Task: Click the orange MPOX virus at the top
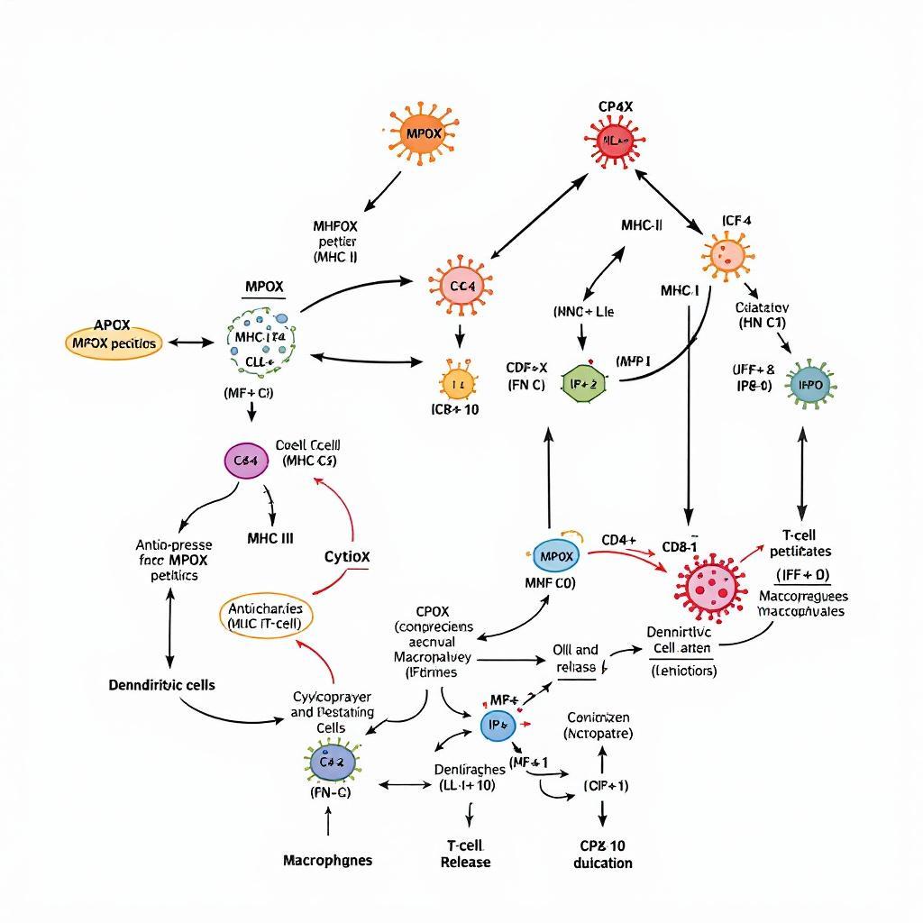(x=425, y=133)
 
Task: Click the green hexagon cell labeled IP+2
(x=585, y=383)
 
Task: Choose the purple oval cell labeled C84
(x=246, y=461)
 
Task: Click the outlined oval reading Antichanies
(x=265, y=616)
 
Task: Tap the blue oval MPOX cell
(x=554, y=556)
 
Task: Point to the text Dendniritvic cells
(x=161, y=684)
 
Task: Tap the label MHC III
(x=270, y=538)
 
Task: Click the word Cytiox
(x=346, y=557)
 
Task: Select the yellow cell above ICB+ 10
(x=456, y=383)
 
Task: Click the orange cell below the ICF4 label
(x=726, y=255)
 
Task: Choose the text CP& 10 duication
(x=602, y=854)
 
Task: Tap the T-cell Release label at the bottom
(x=465, y=853)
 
